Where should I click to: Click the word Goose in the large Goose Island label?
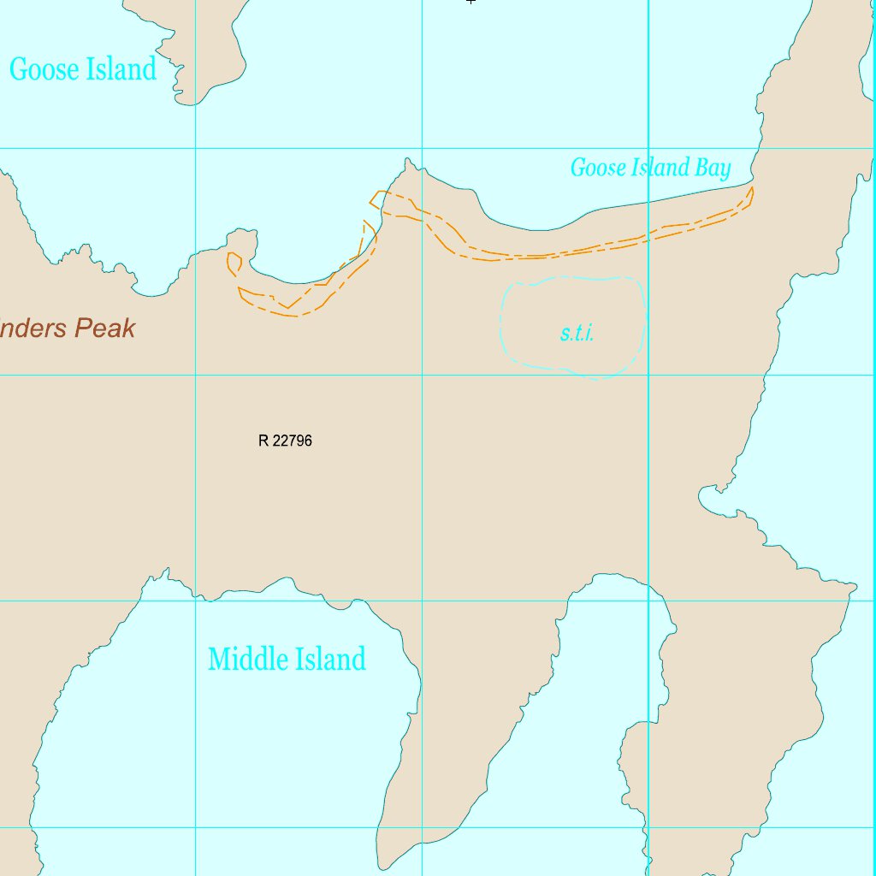pos(44,70)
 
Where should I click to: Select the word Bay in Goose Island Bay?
pos(713,169)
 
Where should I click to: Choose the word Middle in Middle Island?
pos(248,659)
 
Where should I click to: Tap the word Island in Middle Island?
pos(330,659)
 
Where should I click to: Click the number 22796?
pos(292,441)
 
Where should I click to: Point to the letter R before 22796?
pos(263,441)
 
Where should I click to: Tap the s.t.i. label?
pos(577,334)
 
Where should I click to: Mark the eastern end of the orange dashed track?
pos(751,190)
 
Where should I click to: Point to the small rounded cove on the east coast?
pos(708,497)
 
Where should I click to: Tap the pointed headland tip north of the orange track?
pos(409,160)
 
